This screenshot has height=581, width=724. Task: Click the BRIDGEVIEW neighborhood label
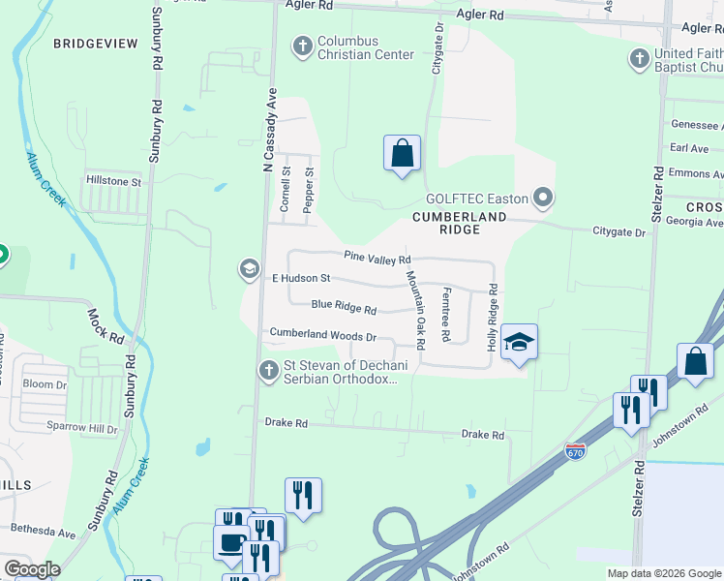[95, 44]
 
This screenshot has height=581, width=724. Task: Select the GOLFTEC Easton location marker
[543, 199]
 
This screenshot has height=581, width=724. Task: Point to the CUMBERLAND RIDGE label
[460, 224]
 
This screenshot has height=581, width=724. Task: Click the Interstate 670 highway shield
[575, 451]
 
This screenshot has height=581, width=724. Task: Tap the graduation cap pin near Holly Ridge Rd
[519, 343]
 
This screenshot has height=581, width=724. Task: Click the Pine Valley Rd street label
[377, 259]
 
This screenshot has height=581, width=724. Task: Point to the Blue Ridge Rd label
[344, 307]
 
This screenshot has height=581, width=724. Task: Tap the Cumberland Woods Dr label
[322, 335]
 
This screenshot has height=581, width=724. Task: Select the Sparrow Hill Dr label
[70, 427]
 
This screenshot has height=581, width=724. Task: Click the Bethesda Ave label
[43, 532]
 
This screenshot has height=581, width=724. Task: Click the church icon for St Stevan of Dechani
[269, 369]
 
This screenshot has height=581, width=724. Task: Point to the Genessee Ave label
[696, 126]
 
